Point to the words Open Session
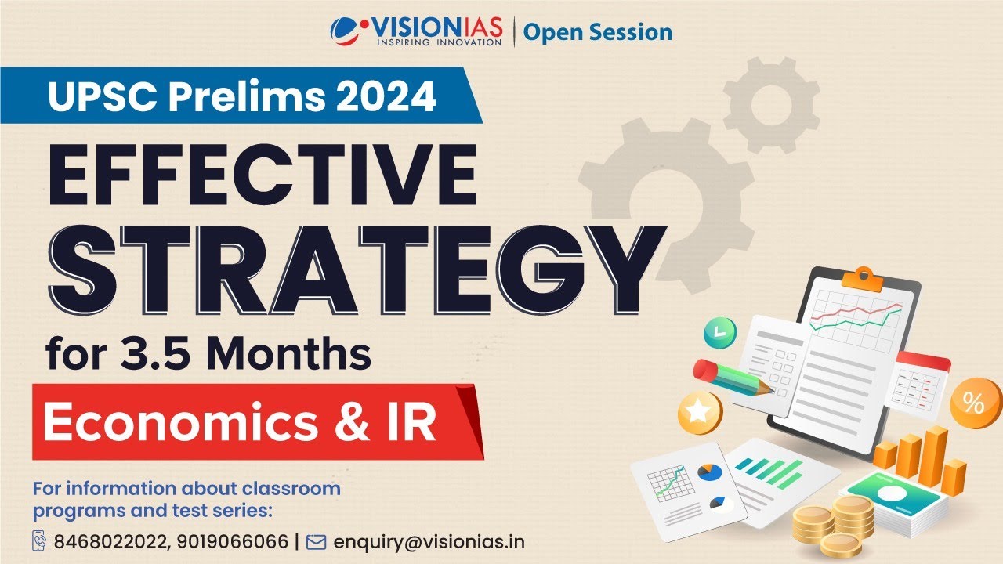598,32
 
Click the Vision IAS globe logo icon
346,31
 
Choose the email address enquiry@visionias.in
429,541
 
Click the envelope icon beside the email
315,541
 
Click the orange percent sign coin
972,404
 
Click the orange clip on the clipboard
864,275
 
